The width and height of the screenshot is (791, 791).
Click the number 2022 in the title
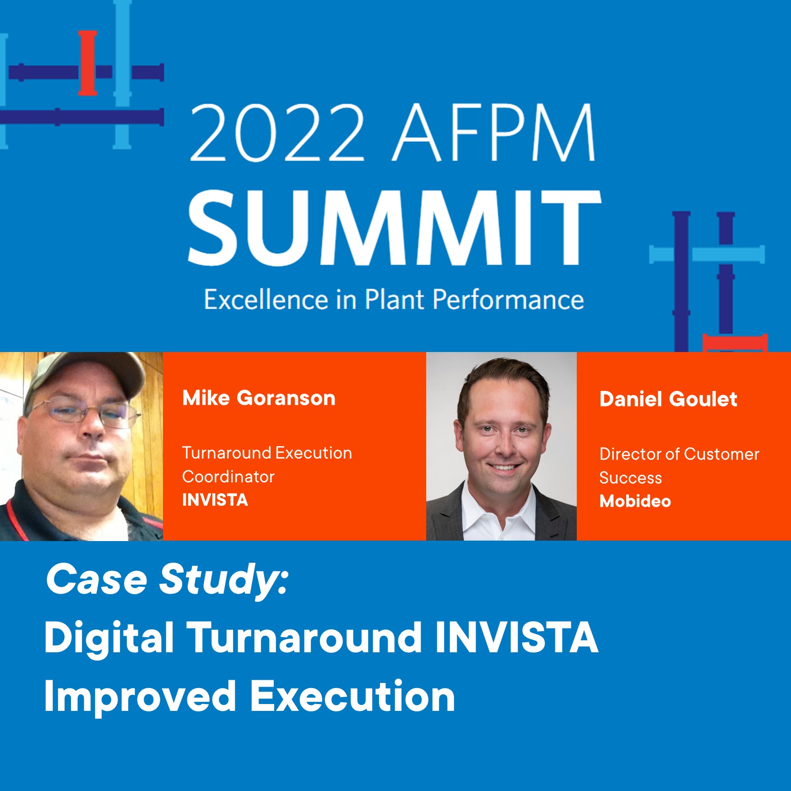tap(276, 133)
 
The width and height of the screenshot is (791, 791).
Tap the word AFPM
tap(495, 133)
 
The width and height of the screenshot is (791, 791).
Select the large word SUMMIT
tap(394, 228)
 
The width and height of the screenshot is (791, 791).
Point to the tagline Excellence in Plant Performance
tap(394, 300)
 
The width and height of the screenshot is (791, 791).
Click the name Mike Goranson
tap(259, 398)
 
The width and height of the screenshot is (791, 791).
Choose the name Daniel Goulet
tap(668, 399)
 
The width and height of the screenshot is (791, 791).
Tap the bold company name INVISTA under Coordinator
tap(215, 500)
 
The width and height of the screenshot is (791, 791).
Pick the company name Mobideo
tap(635, 501)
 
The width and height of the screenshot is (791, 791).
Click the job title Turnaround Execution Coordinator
tap(267, 464)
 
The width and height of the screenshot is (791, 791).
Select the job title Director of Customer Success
tap(679, 466)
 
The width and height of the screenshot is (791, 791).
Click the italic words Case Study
tap(167, 579)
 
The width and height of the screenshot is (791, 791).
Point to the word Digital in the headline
tap(109, 637)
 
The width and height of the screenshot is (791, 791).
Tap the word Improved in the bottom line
tap(140, 696)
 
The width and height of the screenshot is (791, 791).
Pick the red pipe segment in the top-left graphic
tap(87, 63)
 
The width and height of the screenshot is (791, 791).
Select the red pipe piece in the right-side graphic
tap(735, 342)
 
